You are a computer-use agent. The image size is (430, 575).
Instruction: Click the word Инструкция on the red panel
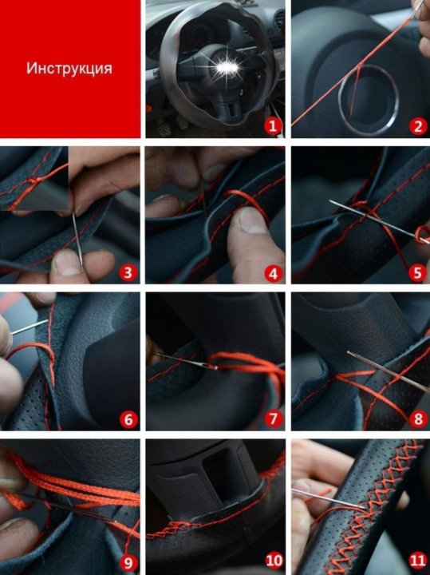click(69, 69)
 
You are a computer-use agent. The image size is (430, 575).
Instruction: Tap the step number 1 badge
click(273, 126)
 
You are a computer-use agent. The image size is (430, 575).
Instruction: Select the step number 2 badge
click(418, 126)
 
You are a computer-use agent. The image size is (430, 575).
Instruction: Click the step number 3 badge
click(128, 273)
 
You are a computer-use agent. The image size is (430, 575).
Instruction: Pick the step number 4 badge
click(273, 273)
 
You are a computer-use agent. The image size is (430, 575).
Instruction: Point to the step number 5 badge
click(417, 273)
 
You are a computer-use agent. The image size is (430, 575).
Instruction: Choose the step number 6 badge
click(128, 419)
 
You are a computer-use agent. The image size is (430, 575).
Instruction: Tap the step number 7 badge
click(273, 419)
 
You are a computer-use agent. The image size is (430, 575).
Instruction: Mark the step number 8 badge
click(418, 419)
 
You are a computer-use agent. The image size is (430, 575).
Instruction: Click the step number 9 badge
click(128, 563)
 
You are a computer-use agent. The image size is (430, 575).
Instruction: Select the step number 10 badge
click(274, 561)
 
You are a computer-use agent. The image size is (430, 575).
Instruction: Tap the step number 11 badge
click(417, 561)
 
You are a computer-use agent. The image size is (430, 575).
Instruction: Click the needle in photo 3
click(77, 238)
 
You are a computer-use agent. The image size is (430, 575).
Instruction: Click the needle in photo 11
click(329, 498)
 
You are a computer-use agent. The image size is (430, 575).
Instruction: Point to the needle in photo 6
click(30, 327)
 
